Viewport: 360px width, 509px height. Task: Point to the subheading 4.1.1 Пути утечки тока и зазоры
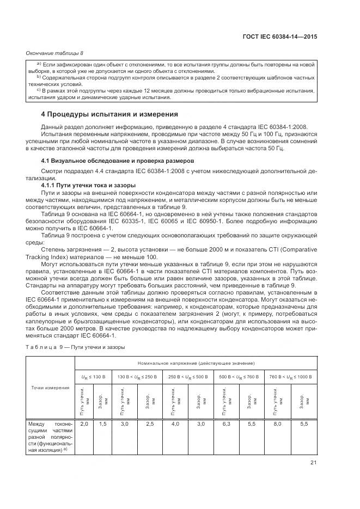point(85,186)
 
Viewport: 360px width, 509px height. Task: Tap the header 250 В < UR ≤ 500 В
point(187,376)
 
